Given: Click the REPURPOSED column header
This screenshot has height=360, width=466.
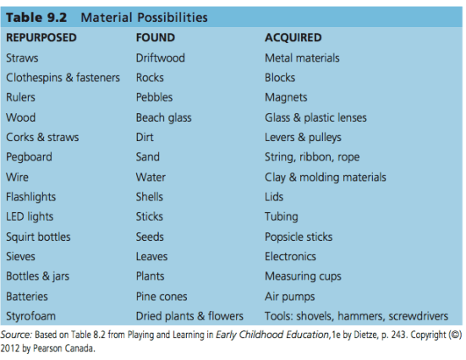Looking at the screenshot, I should (x=41, y=38).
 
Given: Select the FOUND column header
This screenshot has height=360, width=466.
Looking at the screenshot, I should (x=155, y=38).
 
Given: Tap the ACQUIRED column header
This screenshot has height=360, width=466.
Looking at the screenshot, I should (x=293, y=38).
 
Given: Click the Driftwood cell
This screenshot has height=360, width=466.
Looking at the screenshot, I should (x=160, y=58).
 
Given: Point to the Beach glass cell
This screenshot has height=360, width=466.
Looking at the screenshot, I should (x=164, y=117).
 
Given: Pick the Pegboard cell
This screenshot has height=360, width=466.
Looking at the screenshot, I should (x=29, y=157).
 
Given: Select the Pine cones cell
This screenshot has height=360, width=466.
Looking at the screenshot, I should (x=162, y=297).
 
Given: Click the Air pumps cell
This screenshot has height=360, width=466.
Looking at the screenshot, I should (x=289, y=297).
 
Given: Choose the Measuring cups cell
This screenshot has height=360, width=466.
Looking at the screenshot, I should (x=301, y=276).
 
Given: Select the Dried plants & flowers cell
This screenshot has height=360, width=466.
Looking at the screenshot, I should (x=189, y=316).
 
